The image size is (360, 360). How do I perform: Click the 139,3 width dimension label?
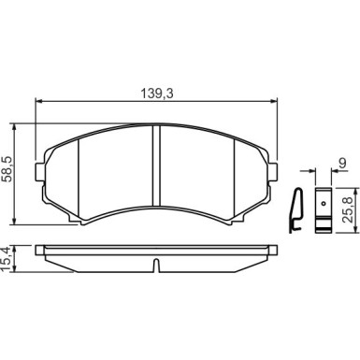(x=157, y=94)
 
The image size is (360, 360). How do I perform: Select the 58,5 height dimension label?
(x=7, y=169)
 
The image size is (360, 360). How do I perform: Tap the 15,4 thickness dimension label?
(x=7, y=258)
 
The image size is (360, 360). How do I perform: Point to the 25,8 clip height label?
(x=348, y=209)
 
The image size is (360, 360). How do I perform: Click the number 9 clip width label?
(x=342, y=163)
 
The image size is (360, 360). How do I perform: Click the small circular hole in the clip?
(x=324, y=204)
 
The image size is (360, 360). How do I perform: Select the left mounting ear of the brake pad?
(x=39, y=171)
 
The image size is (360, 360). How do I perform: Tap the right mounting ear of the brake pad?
(x=273, y=171)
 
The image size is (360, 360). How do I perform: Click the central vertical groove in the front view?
(x=156, y=166)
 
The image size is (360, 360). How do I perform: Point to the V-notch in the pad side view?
(x=156, y=266)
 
